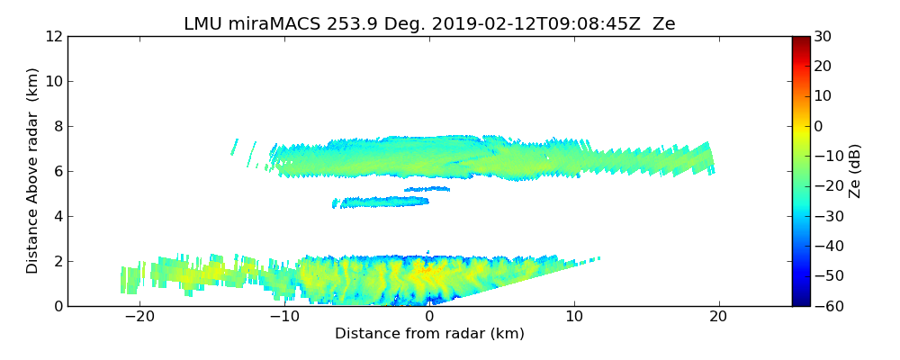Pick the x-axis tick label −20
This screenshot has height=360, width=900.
(139, 317)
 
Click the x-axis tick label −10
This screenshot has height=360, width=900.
(284, 317)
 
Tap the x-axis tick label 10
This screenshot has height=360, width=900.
(574, 317)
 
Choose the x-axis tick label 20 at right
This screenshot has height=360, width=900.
(719, 317)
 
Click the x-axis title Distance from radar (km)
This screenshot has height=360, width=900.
(429, 334)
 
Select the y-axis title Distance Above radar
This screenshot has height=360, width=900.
(33, 170)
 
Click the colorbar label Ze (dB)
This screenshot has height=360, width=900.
(855, 171)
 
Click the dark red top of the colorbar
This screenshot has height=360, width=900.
(800, 40)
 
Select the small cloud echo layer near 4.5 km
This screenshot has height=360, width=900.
(382, 202)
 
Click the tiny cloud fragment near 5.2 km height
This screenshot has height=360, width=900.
(427, 189)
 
